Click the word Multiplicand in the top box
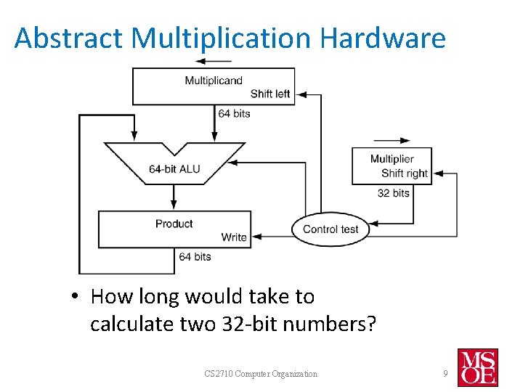pyautogui.click(x=213, y=80)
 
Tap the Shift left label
pyautogui.click(x=270, y=94)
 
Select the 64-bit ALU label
pyautogui.click(x=174, y=169)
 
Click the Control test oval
pyautogui.click(x=331, y=229)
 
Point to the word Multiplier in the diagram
pyautogui.click(x=392, y=159)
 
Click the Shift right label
pyautogui.click(x=405, y=173)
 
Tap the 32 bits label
pyautogui.click(x=394, y=193)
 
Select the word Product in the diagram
pyautogui.click(x=174, y=224)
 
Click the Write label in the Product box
pyautogui.click(x=234, y=237)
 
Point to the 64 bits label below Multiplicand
pyautogui.click(x=234, y=113)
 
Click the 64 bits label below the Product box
pyautogui.click(x=195, y=256)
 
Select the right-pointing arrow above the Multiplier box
pyautogui.click(x=392, y=140)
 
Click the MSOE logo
pyautogui.click(x=478, y=367)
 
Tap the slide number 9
pyautogui.click(x=445, y=374)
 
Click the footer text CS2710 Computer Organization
pyautogui.click(x=261, y=374)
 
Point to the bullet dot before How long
pyautogui.click(x=75, y=297)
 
